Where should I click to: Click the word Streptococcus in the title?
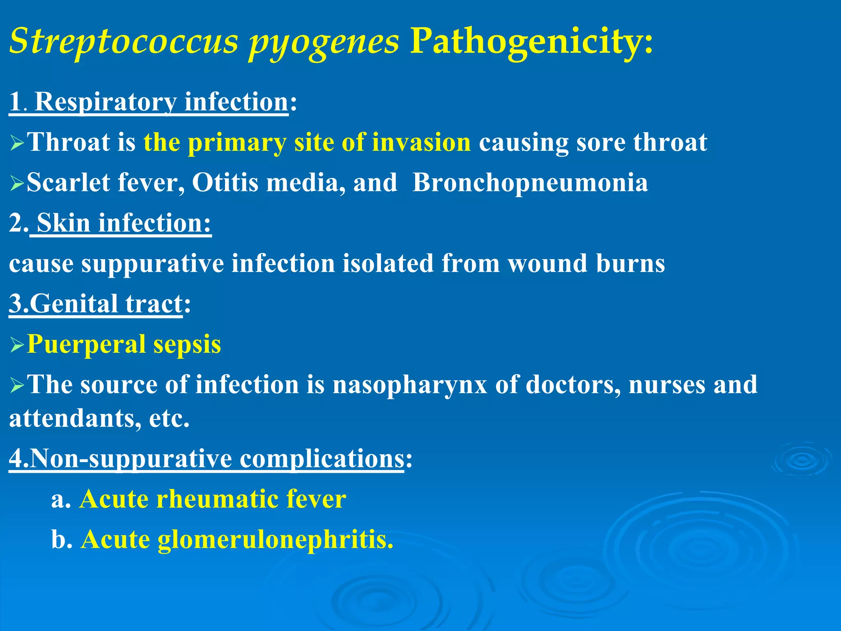(x=123, y=41)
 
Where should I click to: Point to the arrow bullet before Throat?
(x=17, y=143)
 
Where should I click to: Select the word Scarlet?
(x=68, y=182)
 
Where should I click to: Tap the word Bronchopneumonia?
(x=530, y=182)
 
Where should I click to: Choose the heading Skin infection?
(x=123, y=223)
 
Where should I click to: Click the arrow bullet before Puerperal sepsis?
(x=17, y=345)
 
